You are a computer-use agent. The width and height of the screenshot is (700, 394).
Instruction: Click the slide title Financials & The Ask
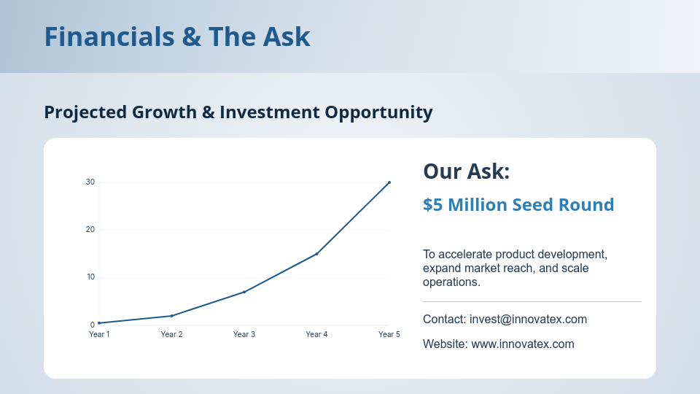177,36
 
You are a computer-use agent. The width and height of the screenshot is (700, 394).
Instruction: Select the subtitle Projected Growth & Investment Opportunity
238,112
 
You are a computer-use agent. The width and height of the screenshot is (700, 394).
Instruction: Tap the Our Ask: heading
466,171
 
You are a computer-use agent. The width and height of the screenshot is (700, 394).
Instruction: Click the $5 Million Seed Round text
518,205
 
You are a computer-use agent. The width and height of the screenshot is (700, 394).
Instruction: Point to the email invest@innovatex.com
528,320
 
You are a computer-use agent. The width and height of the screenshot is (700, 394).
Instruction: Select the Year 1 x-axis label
99,334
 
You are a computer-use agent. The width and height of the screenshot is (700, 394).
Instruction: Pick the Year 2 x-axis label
171,334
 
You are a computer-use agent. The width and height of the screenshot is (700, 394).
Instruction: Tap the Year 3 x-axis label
244,334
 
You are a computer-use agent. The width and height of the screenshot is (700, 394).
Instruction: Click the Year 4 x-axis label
316,334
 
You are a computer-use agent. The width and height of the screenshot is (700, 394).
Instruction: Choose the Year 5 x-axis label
389,334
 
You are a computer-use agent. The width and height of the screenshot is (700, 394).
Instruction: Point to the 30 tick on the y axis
90,182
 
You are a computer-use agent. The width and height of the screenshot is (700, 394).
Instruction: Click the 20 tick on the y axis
90,230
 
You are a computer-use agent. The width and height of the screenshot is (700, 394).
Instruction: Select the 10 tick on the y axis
90,277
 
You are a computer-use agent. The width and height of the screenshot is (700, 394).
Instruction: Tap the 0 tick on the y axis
93,325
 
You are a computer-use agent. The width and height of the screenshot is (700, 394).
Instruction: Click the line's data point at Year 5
389,182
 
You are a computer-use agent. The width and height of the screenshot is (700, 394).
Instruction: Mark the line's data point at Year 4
316,254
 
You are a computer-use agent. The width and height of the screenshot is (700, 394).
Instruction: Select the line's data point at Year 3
244,292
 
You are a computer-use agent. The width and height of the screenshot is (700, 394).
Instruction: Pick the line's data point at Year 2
171,316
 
